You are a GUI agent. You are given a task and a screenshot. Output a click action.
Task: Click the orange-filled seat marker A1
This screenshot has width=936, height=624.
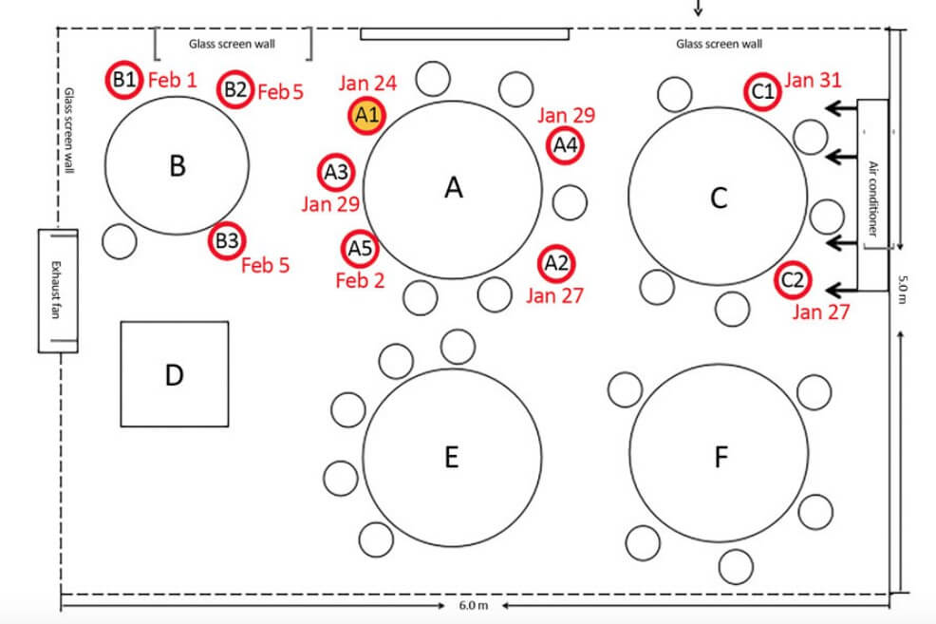(x=366, y=115)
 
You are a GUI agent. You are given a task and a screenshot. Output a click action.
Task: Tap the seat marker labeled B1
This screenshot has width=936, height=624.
(x=124, y=80)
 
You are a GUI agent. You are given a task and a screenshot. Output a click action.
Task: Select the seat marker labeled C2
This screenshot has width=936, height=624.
(x=793, y=279)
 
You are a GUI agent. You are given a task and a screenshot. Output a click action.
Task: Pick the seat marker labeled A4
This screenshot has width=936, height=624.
(x=565, y=144)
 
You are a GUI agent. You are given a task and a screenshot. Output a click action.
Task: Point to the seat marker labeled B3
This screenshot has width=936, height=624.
(x=227, y=241)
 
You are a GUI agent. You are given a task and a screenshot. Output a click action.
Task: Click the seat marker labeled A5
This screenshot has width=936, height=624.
(x=360, y=249)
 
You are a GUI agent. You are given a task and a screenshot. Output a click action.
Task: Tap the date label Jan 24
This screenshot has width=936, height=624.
(x=367, y=83)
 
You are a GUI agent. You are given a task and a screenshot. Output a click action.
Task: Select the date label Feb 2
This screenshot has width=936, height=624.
(x=360, y=280)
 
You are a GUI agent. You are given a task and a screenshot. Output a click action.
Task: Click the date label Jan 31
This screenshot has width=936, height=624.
(x=813, y=80)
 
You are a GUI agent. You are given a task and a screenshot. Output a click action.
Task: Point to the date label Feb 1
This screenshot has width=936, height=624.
(x=173, y=80)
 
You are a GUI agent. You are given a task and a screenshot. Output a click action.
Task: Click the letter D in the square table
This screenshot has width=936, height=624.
(x=174, y=375)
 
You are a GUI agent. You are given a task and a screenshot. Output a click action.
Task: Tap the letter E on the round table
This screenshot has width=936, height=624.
(x=452, y=457)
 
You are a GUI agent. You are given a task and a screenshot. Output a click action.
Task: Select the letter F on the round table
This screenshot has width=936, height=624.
(x=721, y=458)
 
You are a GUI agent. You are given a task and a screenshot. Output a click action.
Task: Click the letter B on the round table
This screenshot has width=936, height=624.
(x=178, y=166)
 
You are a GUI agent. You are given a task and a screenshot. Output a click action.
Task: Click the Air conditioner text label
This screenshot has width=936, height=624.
(x=872, y=199)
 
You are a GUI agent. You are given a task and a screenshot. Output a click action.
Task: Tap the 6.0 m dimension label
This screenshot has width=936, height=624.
(x=474, y=606)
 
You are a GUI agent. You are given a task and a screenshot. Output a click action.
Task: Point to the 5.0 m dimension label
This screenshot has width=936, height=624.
(x=903, y=289)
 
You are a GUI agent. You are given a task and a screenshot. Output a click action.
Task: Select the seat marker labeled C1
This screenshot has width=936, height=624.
(x=763, y=92)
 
